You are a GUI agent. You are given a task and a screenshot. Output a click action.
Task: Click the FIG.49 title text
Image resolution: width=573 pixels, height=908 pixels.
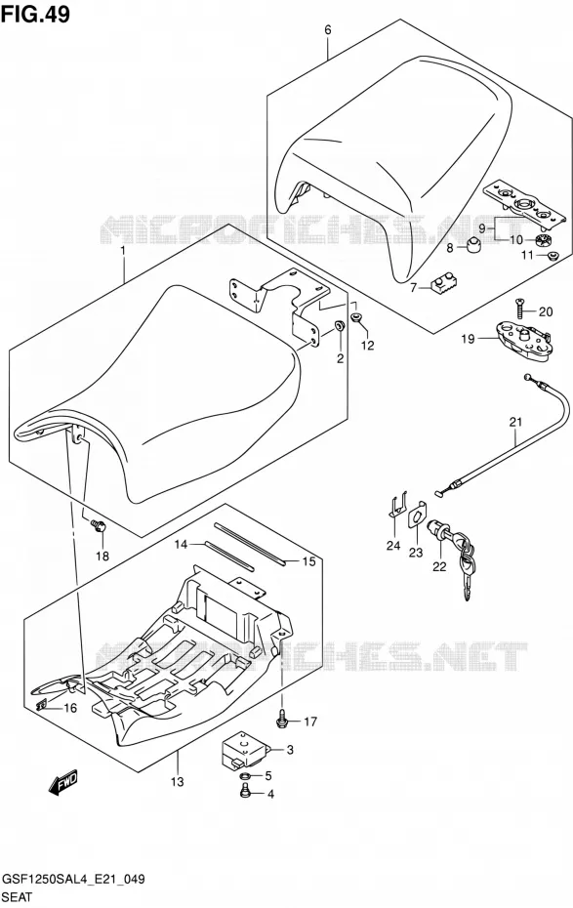tap(35, 14)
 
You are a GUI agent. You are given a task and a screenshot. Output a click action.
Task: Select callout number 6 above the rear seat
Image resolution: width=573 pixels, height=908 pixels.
tap(328, 30)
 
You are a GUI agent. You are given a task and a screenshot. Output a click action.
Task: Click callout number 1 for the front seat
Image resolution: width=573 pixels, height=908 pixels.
tap(123, 251)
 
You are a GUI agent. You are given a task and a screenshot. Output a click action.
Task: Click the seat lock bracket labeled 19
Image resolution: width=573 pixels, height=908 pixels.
tap(524, 343)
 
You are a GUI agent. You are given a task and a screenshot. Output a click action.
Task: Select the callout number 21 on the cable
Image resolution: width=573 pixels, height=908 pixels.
tap(515, 422)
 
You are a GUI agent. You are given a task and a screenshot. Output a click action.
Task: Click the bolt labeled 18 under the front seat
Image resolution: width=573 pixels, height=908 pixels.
tap(99, 526)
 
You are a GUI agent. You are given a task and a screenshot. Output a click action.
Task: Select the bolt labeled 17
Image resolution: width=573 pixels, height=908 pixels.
tap(282, 719)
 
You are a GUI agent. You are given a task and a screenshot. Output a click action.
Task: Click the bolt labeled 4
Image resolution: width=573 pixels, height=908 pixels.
tap(245, 791)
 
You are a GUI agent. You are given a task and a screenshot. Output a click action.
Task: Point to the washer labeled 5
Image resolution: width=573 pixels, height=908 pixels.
tap(245, 775)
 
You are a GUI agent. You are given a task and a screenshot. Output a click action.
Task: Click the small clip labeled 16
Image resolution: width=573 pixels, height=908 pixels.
tap(42, 705)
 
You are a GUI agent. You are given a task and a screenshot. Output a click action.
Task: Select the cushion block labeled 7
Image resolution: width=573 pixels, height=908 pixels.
tap(443, 284)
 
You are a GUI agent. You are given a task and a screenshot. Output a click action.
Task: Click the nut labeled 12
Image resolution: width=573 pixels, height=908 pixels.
tap(357, 316)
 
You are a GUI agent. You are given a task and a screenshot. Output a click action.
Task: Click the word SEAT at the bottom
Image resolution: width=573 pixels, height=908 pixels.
tap(18, 897)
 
